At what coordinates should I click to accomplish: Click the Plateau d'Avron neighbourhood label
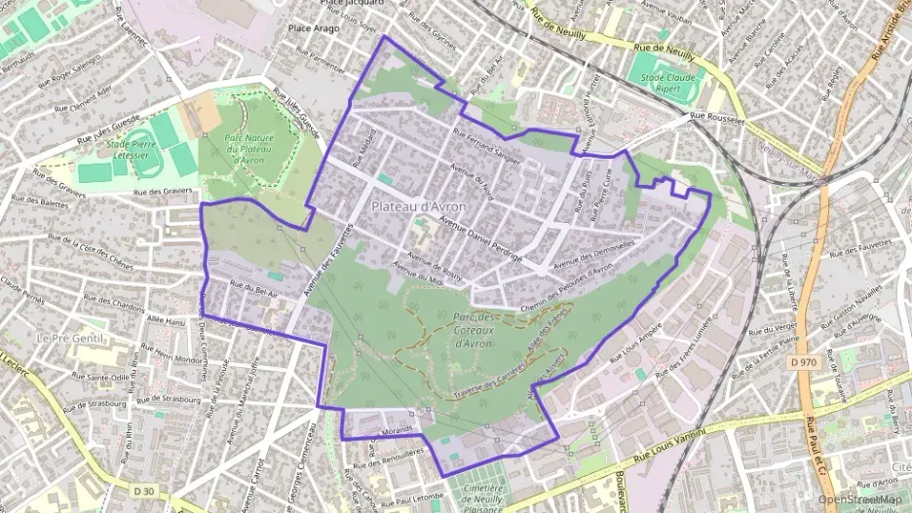tap(418, 207)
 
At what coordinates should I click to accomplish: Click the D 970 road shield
tap(803, 362)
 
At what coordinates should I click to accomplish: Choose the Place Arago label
tap(313, 28)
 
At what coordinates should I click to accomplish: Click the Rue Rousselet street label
tap(718, 118)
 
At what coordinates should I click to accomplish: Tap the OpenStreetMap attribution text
tap(858, 499)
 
